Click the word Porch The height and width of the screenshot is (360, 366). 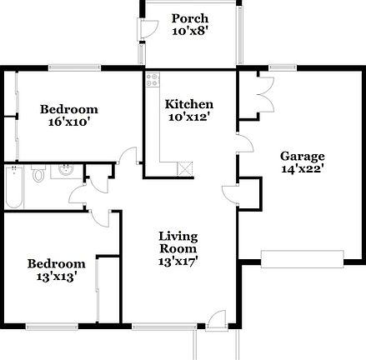(189, 18)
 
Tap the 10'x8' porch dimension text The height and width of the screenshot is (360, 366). (189, 32)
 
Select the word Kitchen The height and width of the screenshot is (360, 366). (189, 104)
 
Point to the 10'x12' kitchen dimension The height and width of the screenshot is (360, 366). (189, 117)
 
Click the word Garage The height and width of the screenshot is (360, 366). (302, 155)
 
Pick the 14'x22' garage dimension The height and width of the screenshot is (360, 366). (302, 168)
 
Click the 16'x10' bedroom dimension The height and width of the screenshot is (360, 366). (69, 122)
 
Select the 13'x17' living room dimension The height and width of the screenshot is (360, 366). (178, 262)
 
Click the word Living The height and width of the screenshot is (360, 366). (178, 236)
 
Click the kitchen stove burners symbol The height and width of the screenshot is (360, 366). (153, 80)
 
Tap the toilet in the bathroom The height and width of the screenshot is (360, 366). (39, 175)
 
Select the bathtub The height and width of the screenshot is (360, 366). (13, 187)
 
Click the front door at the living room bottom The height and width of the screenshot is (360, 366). (215, 318)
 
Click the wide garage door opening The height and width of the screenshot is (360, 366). (303, 257)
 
